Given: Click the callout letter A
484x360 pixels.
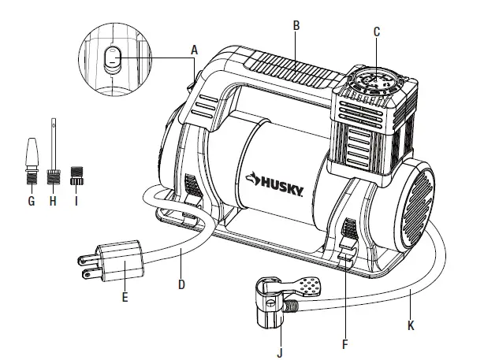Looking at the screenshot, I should tap(194, 47).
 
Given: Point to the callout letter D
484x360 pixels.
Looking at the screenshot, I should tap(181, 283).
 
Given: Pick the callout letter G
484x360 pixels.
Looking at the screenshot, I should tap(32, 202).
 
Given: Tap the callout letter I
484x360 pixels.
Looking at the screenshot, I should tap(77, 202).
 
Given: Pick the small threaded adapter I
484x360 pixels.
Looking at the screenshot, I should tap(77, 175).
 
